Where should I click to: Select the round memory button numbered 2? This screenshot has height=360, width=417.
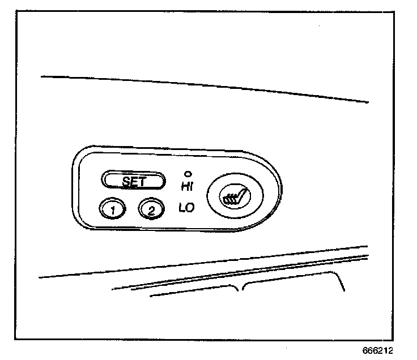[x=151, y=209]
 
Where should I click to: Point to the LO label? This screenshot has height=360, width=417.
[x=186, y=208]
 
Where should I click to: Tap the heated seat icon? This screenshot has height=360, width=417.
[x=234, y=198]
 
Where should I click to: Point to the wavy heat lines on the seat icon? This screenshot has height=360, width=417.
[x=228, y=199]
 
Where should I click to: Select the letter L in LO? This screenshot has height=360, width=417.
[x=182, y=208]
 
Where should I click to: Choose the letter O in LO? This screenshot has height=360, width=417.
[x=190, y=208]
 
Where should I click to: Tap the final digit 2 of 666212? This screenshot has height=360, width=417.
[x=391, y=350]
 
